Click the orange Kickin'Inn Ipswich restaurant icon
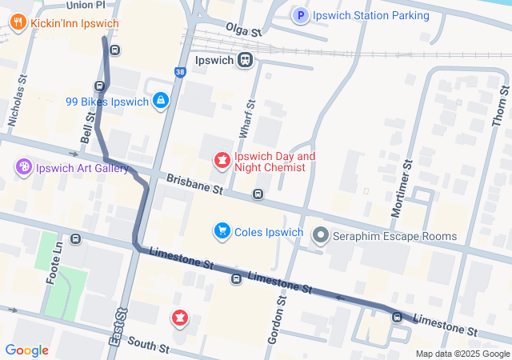coord(18,23)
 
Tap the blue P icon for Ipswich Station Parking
coord(301,15)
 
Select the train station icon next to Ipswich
coord(245,60)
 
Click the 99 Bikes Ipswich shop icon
coord(162,101)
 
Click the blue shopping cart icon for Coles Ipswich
coord(222,232)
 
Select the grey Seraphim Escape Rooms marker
coord(321,235)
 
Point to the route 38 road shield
coord(180,72)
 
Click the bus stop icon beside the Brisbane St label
coord(258,194)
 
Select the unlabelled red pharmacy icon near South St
coord(180,319)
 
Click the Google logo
coord(26,350)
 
